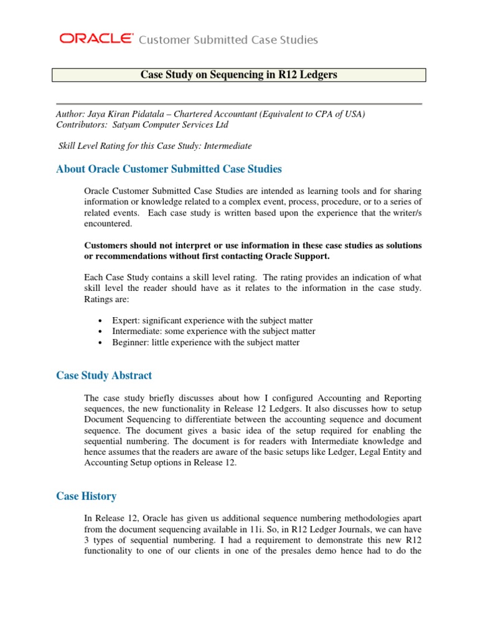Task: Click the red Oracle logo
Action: tap(96, 39)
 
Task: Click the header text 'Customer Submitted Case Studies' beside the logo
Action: tap(228, 40)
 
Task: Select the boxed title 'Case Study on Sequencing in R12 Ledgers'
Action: tap(238, 75)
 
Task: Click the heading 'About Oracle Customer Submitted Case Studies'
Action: tap(169, 169)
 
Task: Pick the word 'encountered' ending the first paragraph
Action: tap(107, 224)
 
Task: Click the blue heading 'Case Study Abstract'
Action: tap(104, 376)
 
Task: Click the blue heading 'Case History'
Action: tap(86, 496)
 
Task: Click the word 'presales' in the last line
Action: tap(301, 552)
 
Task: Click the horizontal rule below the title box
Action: tap(238, 103)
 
